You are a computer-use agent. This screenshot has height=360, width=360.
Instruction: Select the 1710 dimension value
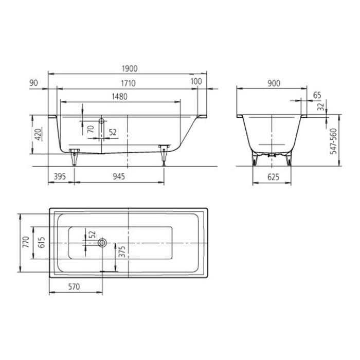pos(127,82)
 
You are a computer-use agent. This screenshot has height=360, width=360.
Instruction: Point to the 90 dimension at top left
pos(34,82)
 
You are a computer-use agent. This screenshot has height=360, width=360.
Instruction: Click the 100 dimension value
pos(195,82)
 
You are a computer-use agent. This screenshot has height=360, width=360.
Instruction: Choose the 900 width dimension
pos(274,82)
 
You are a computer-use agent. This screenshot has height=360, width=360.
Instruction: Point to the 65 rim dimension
pos(317,95)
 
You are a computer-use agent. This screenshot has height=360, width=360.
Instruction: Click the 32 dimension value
pos(320,107)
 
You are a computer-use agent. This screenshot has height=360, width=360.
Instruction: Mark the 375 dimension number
pos(122,251)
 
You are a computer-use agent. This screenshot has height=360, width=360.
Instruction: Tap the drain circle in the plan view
pos(103,242)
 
